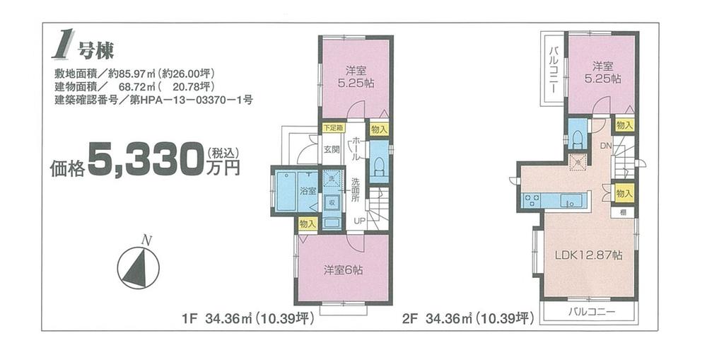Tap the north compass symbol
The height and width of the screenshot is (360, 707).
pos(139,267)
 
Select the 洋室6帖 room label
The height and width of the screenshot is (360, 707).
pos(344,269)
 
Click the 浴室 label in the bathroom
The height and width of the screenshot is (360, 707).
pos(308,191)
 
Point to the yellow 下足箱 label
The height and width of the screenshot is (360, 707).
pos(332,128)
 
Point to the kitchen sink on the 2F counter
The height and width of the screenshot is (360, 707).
pos(570,201)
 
